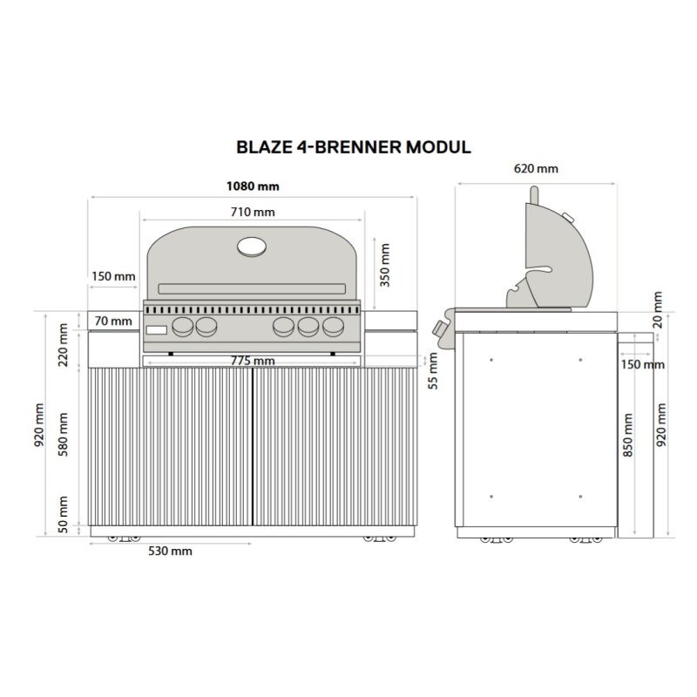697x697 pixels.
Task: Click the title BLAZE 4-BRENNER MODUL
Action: pyautogui.click(x=354, y=146)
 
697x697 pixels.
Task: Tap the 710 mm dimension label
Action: pyautogui.click(x=253, y=213)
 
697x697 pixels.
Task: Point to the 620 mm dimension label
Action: pyautogui.click(x=537, y=169)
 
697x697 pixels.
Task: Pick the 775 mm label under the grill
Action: pyautogui.click(x=253, y=361)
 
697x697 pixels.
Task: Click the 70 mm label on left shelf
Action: pyautogui.click(x=113, y=321)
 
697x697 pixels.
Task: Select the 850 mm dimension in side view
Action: pyautogui.click(x=628, y=436)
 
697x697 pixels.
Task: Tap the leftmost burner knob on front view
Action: pyautogui.click(x=184, y=328)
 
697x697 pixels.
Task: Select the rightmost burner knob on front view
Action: pyautogui.click(x=333, y=328)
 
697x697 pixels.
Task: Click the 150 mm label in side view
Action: pyautogui.click(x=643, y=364)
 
